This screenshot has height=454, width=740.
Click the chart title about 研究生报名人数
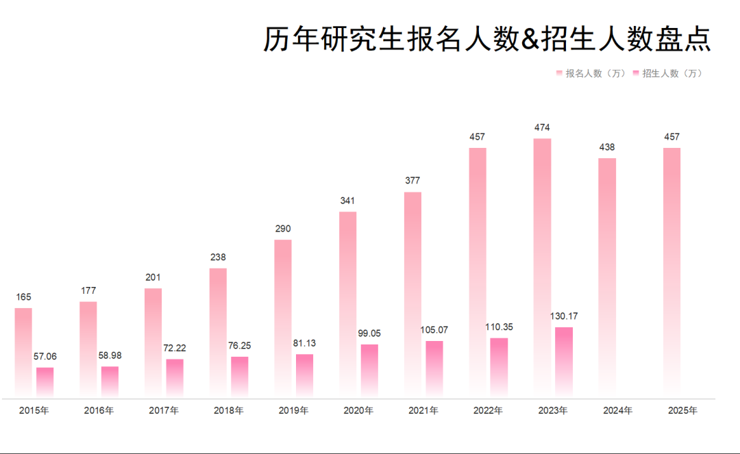pyautogui.click(x=487, y=39)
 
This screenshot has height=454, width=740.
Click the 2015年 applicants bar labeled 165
pyautogui.click(x=23, y=351)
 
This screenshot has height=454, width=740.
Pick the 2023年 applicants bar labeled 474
pyautogui.click(x=542, y=267)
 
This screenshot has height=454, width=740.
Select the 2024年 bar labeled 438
pyautogui.click(x=607, y=277)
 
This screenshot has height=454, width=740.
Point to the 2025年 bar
pyautogui.click(x=671, y=272)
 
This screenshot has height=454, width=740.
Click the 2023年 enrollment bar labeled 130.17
pyautogui.click(x=564, y=362)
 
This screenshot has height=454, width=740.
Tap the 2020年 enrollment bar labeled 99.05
pyautogui.click(x=369, y=370)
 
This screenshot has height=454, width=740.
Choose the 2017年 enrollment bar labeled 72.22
pyautogui.click(x=175, y=377)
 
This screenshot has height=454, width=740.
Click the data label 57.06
pyautogui.click(x=45, y=357)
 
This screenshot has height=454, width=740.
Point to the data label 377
pyautogui.click(x=412, y=181)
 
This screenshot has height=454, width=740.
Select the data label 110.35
pyautogui.click(x=499, y=327)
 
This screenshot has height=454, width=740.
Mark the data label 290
pyautogui.click(x=282, y=229)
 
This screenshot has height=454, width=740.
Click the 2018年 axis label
pyautogui.click(x=229, y=411)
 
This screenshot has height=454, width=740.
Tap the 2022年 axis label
pyautogui.click(x=488, y=411)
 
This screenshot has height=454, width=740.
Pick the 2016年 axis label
pyautogui.click(x=99, y=411)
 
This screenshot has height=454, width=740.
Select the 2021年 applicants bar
pyautogui.click(x=412, y=294)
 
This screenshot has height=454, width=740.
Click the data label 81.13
pyautogui.click(x=304, y=343)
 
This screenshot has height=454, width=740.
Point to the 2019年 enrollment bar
pyautogui.click(x=304, y=375)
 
